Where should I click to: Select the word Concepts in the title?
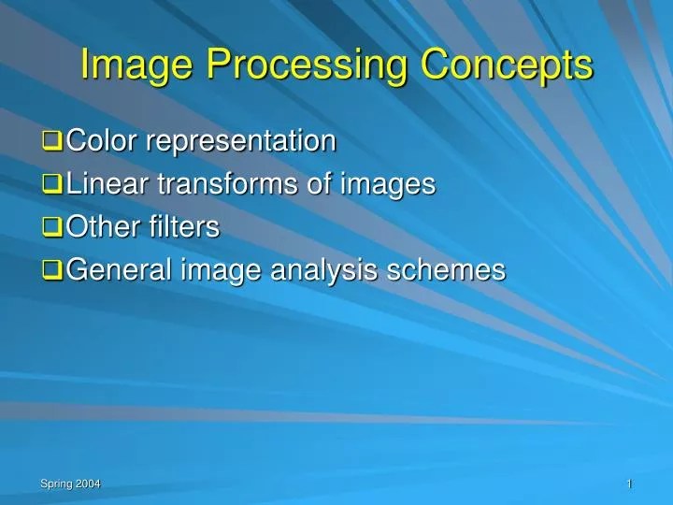[505, 65]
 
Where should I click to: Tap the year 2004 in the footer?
[88, 483]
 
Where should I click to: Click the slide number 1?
[630, 483]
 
